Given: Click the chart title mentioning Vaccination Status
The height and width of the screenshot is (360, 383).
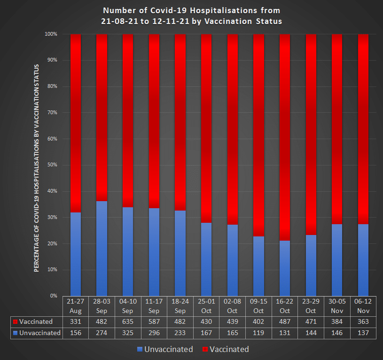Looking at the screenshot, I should click(x=191, y=16).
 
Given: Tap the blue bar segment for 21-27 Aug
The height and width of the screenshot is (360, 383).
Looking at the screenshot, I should click(x=75, y=254).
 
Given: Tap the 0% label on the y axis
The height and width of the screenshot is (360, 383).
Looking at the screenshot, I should click(x=53, y=296).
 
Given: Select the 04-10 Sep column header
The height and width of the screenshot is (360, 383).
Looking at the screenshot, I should click(x=128, y=306).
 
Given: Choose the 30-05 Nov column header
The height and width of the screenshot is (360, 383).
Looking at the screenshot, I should click(x=337, y=306).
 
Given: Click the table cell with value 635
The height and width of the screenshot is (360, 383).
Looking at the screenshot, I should click(x=128, y=322).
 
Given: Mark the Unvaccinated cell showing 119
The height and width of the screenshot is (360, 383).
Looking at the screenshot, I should click(x=258, y=333).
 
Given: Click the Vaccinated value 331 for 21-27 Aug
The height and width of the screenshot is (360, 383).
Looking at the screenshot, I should click(x=75, y=322).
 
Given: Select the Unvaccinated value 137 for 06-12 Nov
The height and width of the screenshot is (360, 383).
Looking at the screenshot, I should click(x=363, y=333).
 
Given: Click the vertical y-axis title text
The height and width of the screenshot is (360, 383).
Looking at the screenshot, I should click(x=36, y=168).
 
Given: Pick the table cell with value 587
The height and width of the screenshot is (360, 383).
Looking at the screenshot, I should click(x=154, y=322).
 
